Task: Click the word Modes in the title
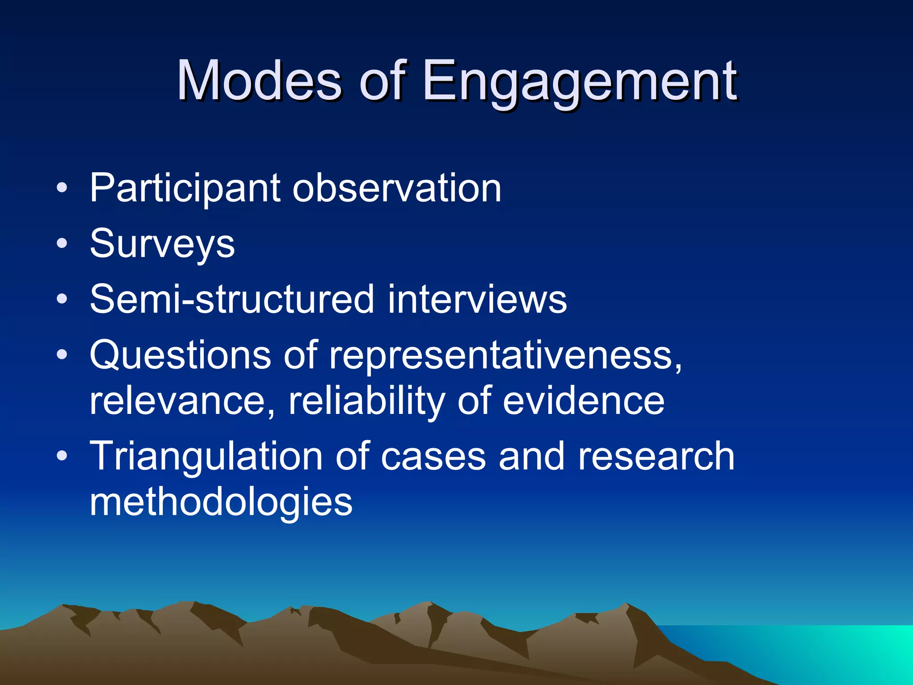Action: click(259, 81)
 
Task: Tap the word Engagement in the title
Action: click(580, 81)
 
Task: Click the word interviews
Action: click(477, 299)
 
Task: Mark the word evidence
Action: click(584, 401)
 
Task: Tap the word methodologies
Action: click(221, 502)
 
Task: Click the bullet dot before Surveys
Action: click(62, 243)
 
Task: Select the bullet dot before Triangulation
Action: click(62, 456)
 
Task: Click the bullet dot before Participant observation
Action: click(62, 188)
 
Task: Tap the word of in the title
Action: click(383, 81)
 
